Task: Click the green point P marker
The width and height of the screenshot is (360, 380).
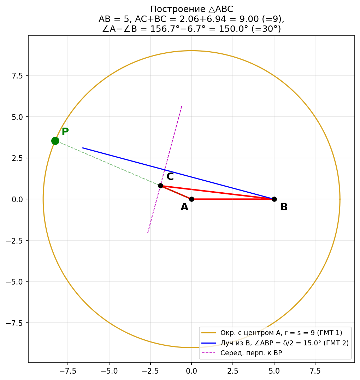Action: coord(55,141)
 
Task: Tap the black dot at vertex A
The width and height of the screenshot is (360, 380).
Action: coord(191,199)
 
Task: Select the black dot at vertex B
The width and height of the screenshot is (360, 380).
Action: coord(274,199)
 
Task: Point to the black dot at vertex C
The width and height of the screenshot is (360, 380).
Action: coord(160,186)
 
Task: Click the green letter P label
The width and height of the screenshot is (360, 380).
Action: coord(65,132)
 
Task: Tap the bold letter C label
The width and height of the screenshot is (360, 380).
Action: coord(170,177)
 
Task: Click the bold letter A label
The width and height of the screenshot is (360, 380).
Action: coord(184,207)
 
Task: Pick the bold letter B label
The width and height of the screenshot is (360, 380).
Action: coord(284,207)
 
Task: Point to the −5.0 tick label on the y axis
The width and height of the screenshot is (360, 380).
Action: coord(15,282)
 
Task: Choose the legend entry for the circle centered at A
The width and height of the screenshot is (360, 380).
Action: coord(281,333)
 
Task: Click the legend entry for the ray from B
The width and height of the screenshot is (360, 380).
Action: coord(284,343)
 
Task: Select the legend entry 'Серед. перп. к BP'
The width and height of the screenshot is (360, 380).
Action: coord(251,353)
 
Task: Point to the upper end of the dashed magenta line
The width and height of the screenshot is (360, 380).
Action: coord(182,106)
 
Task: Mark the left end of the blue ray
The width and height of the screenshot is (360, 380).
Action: coord(82,148)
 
